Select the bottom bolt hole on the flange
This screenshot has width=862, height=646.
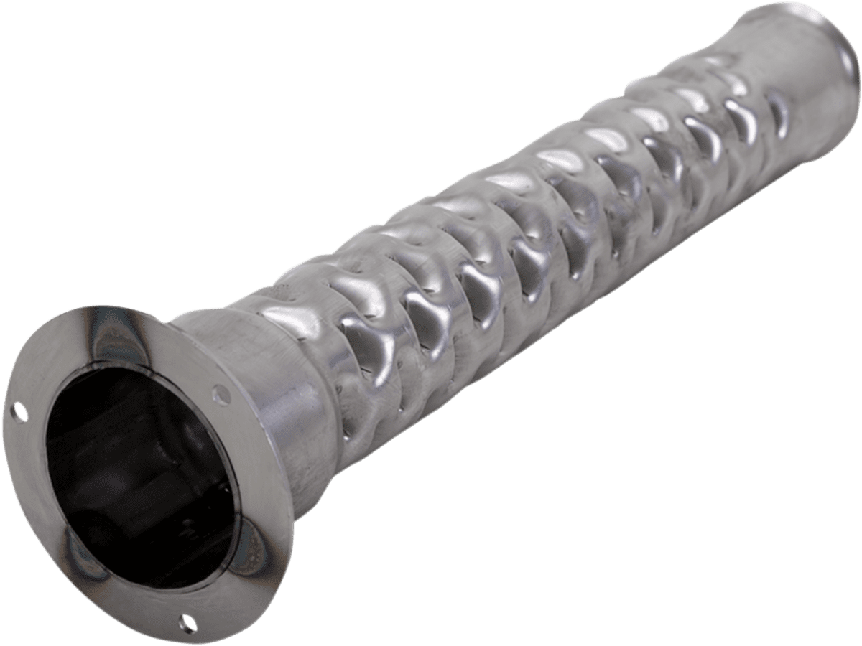(x=188, y=622)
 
